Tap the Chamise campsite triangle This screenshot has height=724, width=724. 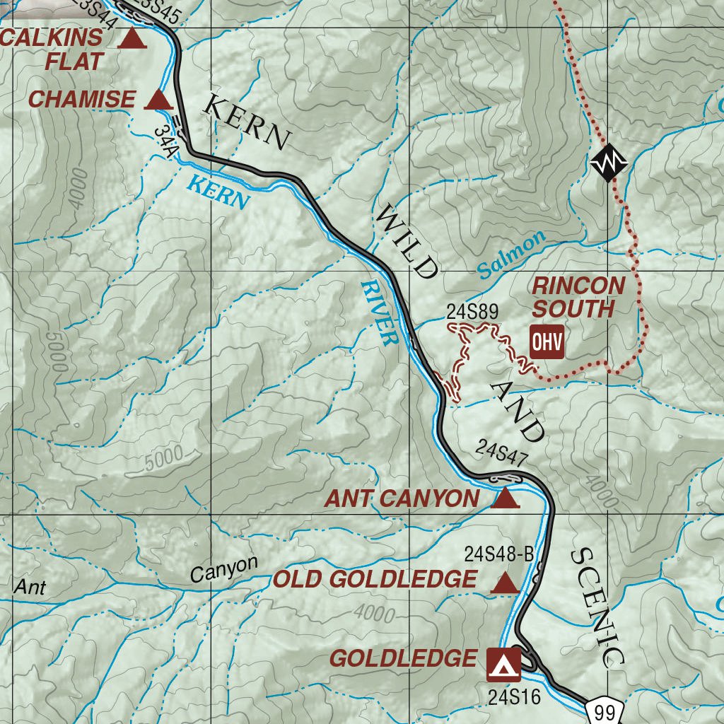coord(158,100)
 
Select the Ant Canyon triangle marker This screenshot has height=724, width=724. coord(505,499)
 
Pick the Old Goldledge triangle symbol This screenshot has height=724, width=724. coord(504,583)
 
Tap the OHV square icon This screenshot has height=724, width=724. coord(547,342)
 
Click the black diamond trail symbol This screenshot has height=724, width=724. coord(609,163)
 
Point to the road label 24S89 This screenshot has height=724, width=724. coord(473,311)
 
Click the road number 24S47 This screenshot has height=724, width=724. coord(501,448)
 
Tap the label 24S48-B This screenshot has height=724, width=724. coord(499,554)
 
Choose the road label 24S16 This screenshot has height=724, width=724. coord(514,697)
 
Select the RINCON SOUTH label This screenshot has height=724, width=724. coord(578,298)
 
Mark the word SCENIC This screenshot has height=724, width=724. coord(597,607)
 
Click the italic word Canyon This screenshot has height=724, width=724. coord(224,569)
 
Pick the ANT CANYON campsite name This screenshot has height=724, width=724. coord(402,499)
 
